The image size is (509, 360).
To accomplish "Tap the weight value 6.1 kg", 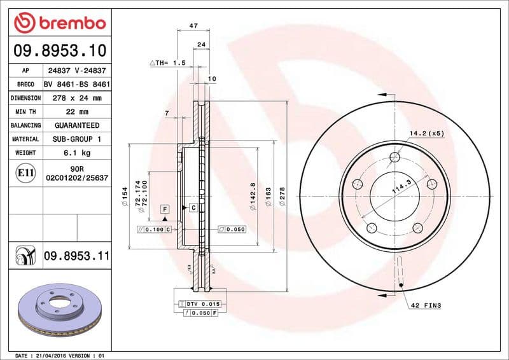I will tap(77, 153).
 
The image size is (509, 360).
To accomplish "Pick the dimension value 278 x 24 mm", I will tap(77, 99).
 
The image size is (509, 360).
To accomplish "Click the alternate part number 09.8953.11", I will tap(77, 256).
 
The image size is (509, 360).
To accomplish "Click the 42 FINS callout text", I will tap(426, 306).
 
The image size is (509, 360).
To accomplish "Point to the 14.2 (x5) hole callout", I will tap(426, 134).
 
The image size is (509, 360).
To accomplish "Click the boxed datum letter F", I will tap(164, 209).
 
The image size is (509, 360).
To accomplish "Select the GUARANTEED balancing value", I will tap(77, 125).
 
